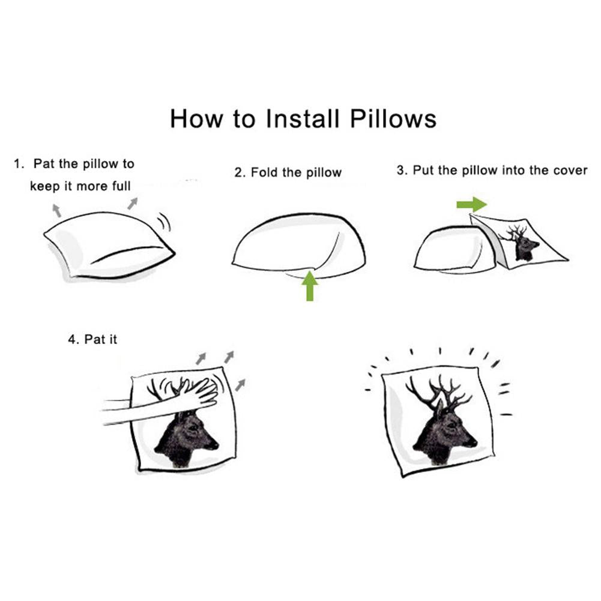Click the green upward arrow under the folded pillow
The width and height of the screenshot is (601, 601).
pos(310,286)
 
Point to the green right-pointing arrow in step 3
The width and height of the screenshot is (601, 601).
pos(471,204)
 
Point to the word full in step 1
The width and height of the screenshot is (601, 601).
pos(121,186)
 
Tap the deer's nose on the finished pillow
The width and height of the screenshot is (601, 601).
pos(474,443)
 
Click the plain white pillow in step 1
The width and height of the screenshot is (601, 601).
pos(109,245)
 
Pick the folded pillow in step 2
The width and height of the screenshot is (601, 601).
pos(298,246)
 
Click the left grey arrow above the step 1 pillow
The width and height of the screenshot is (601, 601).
pos(56,210)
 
